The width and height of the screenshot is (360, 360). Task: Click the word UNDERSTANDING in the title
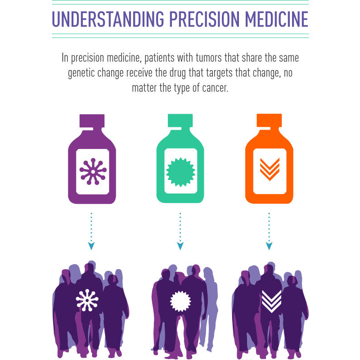107,19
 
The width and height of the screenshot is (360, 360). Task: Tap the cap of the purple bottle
92,121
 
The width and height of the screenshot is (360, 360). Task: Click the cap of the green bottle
180,121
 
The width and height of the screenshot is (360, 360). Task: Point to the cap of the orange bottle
269,121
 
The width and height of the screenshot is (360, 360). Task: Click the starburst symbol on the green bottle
180,171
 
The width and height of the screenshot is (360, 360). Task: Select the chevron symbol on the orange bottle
269,169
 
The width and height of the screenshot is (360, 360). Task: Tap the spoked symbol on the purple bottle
92,171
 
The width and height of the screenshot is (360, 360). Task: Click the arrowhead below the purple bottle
92,246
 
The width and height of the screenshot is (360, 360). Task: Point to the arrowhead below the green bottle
180,246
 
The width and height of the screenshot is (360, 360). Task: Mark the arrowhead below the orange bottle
269,246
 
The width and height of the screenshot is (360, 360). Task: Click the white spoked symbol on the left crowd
87,300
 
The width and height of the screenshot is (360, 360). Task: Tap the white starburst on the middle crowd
180,301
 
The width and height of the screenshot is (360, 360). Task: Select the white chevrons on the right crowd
271,301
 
